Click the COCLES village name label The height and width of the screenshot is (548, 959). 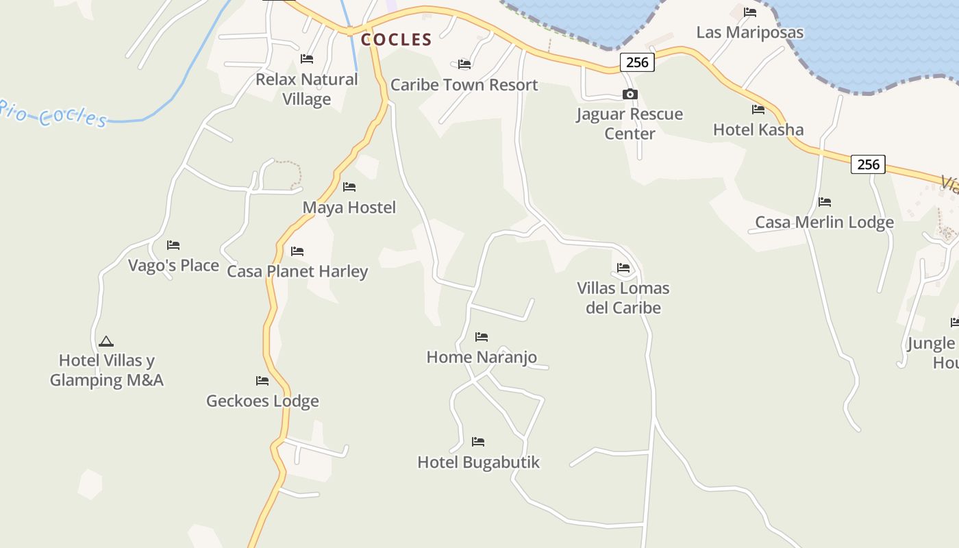pyautogui.click(x=397, y=40)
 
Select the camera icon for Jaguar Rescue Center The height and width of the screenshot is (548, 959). pyautogui.click(x=630, y=95)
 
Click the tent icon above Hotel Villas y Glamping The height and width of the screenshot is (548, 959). pyautogui.click(x=105, y=341)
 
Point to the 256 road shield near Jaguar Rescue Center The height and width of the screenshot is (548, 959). pyautogui.click(x=637, y=62)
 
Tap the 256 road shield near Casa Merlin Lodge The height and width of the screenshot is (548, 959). pyautogui.click(x=868, y=164)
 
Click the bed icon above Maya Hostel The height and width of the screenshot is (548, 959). pyautogui.click(x=349, y=187)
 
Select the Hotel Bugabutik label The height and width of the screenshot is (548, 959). pyautogui.click(x=478, y=462)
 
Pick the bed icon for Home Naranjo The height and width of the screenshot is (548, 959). pyautogui.click(x=482, y=337)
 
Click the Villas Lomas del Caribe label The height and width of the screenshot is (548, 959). pyautogui.click(x=623, y=297)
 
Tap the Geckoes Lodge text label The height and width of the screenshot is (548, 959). pyautogui.click(x=262, y=401)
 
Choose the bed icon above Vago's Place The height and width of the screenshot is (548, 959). pyautogui.click(x=173, y=245)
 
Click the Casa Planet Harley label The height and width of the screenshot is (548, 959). pyautogui.click(x=297, y=271)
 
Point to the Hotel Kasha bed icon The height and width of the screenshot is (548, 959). pyautogui.click(x=758, y=110)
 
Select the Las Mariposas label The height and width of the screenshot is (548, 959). pyautogui.click(x=749, y=32)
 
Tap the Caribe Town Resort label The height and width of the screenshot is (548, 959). pyautogui.click(x=464, y=85)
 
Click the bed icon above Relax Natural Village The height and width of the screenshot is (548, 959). pyautogui.click(x=307, y=60)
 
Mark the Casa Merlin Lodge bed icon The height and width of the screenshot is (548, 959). pyautogui.click(x=825, y=202)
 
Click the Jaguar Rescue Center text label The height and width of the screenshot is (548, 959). pyautogui.click(x=630, y=123)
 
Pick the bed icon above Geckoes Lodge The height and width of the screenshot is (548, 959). pyautogui.click(x=262, y=381)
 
